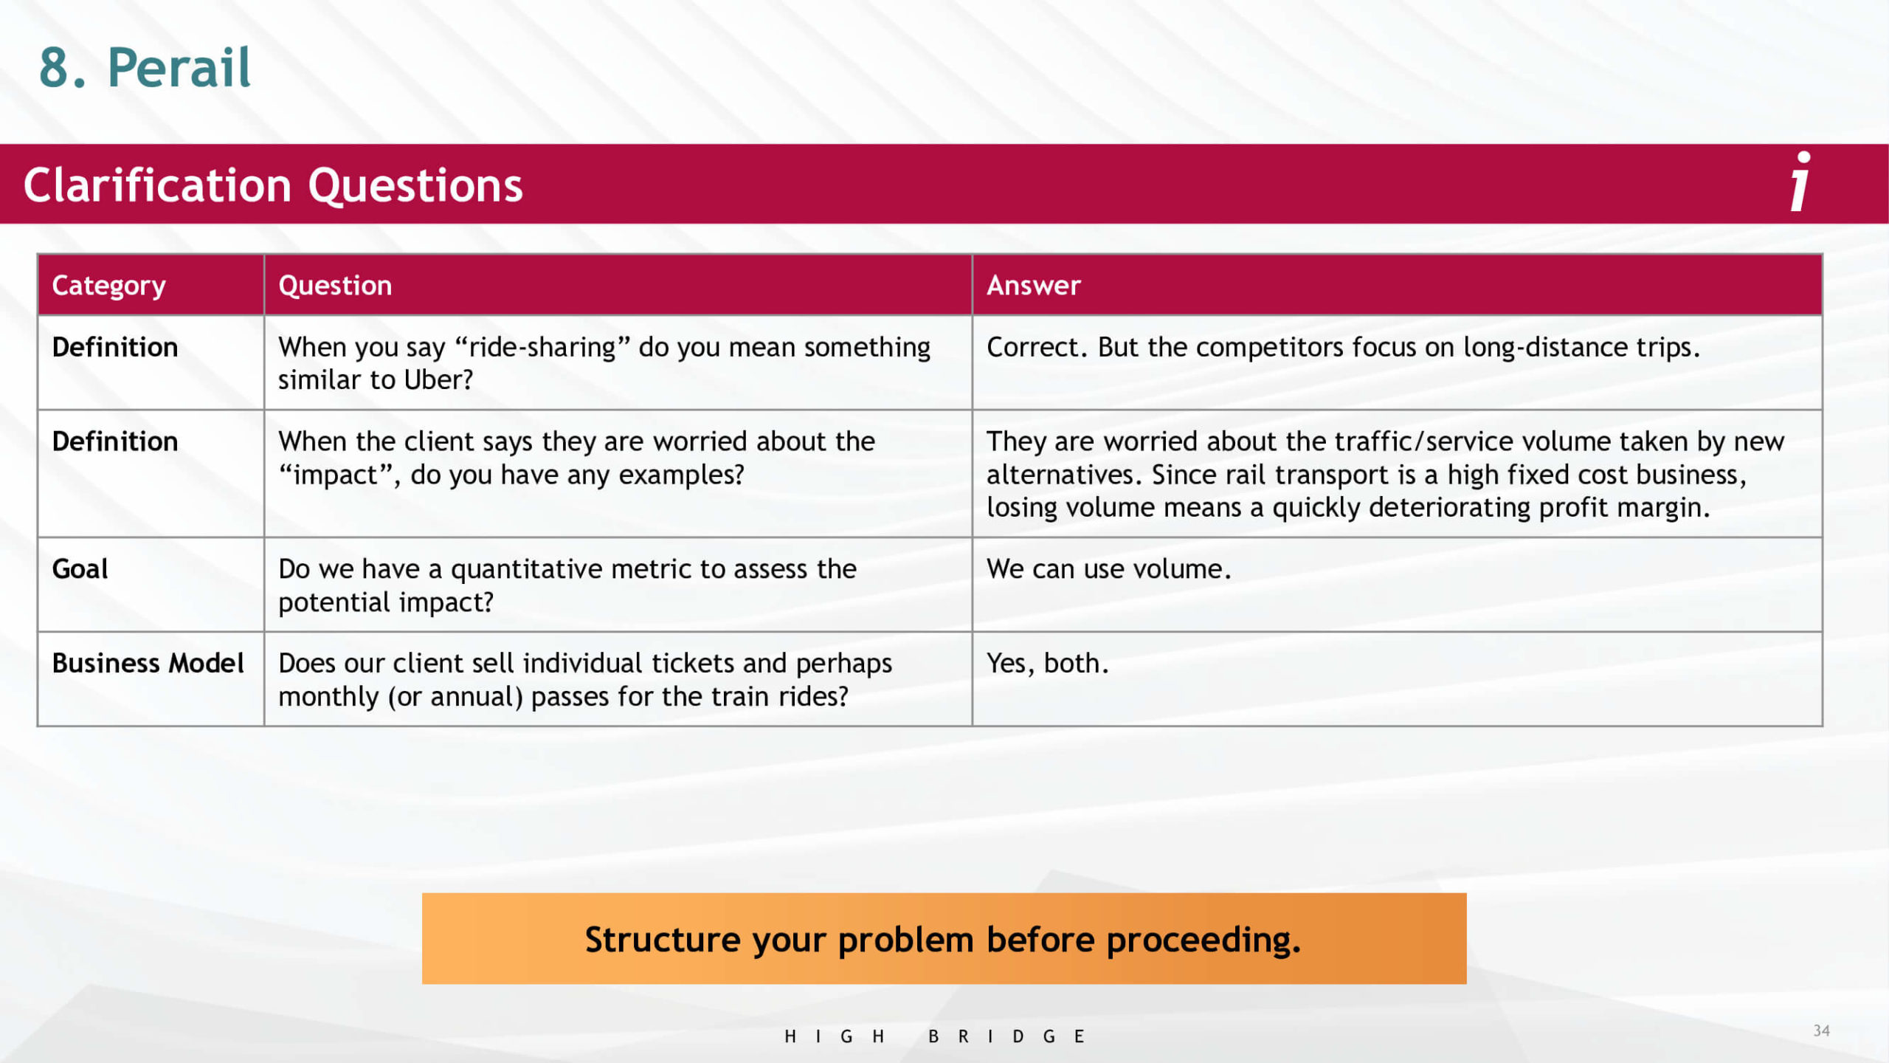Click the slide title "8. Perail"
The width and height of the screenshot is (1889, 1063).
coord(145,68)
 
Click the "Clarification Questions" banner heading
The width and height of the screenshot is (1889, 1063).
coord(273,185)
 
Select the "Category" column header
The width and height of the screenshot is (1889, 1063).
coord(108,286)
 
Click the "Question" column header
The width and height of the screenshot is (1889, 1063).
coord(335,286)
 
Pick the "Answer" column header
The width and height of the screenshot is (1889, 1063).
coord(1033,286)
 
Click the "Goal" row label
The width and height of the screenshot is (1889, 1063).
coord(80,569)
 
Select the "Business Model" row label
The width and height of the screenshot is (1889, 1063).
coord(148,663)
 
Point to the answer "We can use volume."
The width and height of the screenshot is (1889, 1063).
coord(1108,569)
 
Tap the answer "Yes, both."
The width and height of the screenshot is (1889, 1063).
coord(1047,664)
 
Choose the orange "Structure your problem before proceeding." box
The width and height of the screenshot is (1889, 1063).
coord(944,938)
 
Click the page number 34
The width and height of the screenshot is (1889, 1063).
coord(1821,1031)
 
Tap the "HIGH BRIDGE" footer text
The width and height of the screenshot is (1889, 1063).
coord(934,1036)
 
